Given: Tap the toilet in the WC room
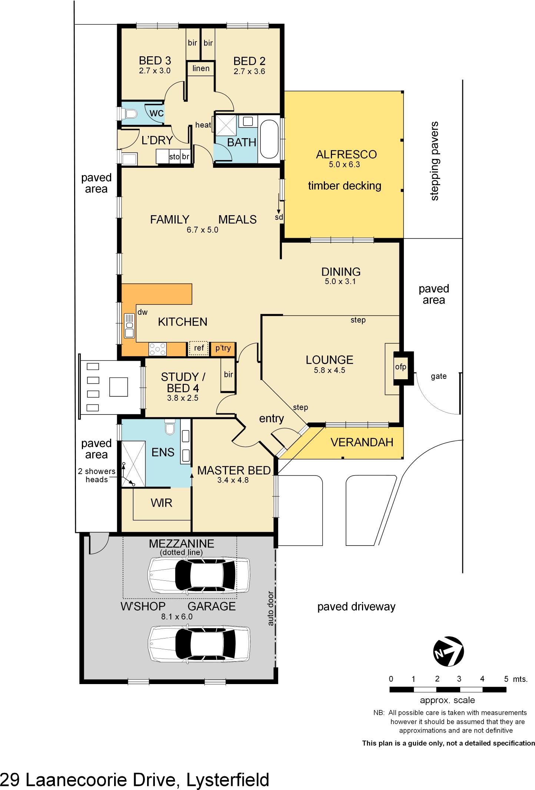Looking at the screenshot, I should tap(129, 113).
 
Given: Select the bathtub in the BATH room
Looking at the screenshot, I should tap(269, 139).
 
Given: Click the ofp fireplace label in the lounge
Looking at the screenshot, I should tap(401, 367).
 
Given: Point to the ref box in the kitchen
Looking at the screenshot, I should tap(199, 348).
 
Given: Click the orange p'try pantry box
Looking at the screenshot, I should tap(223, 348).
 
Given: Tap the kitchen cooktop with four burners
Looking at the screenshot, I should tap(157, 349).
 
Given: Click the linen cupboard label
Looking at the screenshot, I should tap(201, 69).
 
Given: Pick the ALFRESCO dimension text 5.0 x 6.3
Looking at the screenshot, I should tap(344, 164).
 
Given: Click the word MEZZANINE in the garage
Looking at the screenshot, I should tap(182, 543).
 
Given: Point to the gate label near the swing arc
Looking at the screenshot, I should tap(439, 376).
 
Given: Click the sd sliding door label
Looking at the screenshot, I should tap(279, 217).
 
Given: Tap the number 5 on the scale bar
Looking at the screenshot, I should tap(506, 679).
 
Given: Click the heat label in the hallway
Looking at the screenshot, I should tap(203, 125).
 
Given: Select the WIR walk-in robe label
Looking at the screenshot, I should tap(162, 503).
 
